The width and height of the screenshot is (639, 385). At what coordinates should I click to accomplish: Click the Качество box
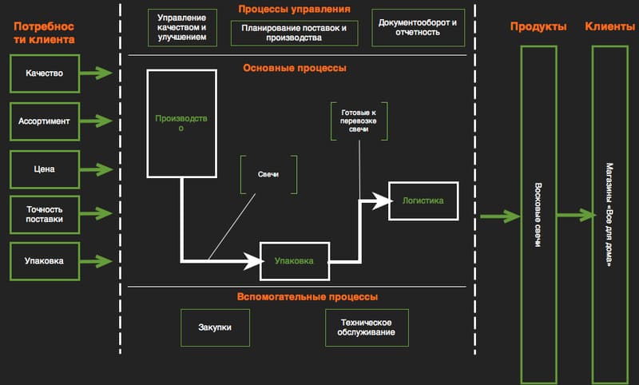(x=44, y=73)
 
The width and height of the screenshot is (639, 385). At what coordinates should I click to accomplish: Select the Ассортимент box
(x=44, y=121)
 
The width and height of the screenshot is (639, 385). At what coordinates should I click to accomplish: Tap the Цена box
(x=44, y=169)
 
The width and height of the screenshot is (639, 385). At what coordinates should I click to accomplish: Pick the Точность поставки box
(x=44, y=213)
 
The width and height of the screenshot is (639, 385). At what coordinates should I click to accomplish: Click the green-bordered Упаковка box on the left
(x=44, y=260)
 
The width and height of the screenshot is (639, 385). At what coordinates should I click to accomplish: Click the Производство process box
(x=181, y=123)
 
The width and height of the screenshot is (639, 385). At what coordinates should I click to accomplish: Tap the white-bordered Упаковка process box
(x=294, y=260)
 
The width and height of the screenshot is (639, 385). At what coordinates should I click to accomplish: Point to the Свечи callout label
(x=268, y=173)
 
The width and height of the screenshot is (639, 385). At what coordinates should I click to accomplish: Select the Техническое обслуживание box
(x=367, y=327)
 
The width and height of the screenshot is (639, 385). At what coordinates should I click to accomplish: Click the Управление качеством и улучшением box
(x=182, y=28)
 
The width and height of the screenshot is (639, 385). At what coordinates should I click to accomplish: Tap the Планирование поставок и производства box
(x=294, y=33)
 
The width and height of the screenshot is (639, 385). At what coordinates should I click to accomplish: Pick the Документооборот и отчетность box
(x=418, y=28)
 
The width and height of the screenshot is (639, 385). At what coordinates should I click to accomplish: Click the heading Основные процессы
(x=295, y=68)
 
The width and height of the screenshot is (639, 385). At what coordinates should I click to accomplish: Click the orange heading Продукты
(x=538, y=26)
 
